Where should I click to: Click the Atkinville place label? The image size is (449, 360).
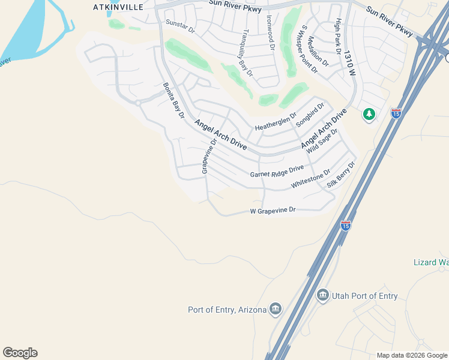tap(118, 7)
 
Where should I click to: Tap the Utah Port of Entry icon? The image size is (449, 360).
tap(323, 295)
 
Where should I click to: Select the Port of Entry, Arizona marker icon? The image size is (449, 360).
tap(276, 310)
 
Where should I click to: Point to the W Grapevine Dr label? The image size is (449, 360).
tap(273, 211)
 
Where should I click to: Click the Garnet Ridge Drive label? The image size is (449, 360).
tap(277, 173)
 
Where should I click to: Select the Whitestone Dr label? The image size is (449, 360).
tap(310, 179)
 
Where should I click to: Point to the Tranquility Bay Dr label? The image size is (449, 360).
tap(246, 53)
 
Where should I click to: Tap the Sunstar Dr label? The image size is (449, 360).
tap(180, 28)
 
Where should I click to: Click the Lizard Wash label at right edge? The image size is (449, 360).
tap(431, 262)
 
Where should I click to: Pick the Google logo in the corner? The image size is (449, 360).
tap(20, 353)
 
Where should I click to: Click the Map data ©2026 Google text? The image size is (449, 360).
tap(412, 355)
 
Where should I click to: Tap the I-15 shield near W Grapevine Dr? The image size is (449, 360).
tap(345, 226)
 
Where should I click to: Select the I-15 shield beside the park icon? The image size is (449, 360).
tap(396, 112)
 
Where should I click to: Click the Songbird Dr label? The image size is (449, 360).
tap(310, 115)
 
